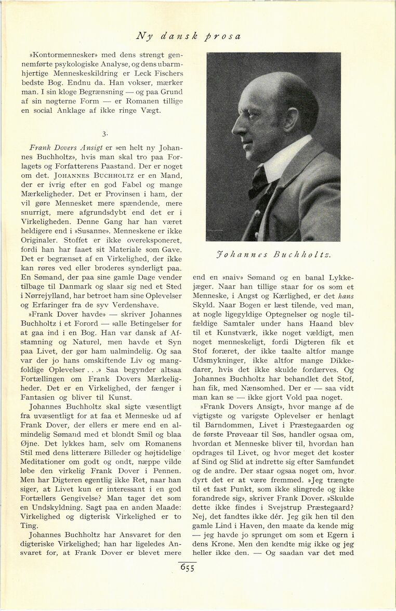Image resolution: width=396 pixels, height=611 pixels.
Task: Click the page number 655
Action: click(x=188, y=568)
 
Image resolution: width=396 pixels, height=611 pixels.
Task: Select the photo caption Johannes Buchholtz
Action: click(x=274, y=255)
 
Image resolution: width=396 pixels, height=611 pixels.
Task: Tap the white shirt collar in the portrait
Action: click(x=281, y=162)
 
